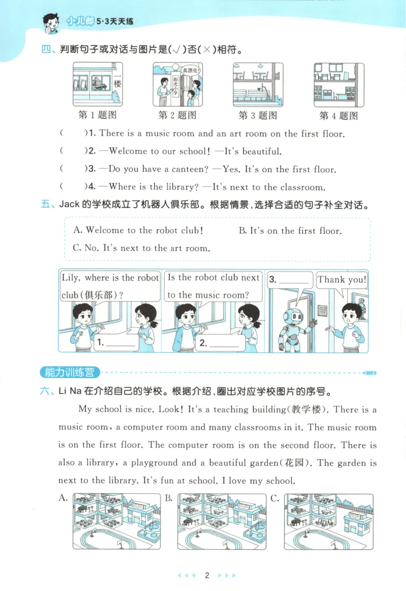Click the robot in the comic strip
(x=293, y=327)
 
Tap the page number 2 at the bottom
(x=207, y=575)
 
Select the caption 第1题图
(x=97, y=115)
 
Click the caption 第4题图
(x=339, y=116)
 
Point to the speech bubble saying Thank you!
(x=342, y=280)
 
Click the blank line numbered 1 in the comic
(x=116, y=343)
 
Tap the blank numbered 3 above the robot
(x=289, y=280)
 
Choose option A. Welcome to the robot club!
(x=138, y=230)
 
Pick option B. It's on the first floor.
(x=289, y=231)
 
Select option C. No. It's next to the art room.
(x=141, y=248)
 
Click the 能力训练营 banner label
(x=69, y=373)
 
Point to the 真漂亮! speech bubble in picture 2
(x=192, y=70)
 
